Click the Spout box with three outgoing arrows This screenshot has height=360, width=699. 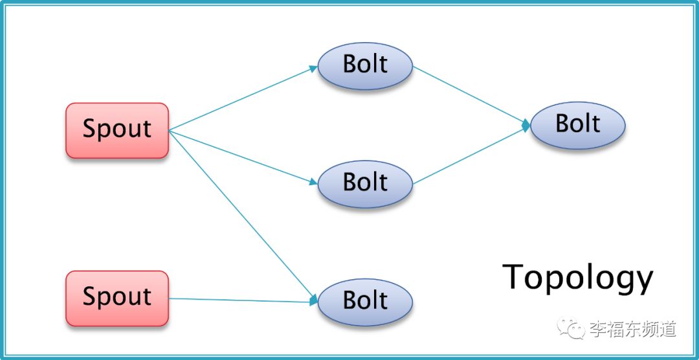117,130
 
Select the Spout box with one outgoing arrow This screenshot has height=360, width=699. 117,298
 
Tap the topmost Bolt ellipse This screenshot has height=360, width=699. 365,66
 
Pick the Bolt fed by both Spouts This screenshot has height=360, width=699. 365,302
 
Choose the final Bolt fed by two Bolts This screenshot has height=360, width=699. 578,126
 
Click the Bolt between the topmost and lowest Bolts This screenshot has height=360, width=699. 365,184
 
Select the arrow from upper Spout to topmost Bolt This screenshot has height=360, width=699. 243,98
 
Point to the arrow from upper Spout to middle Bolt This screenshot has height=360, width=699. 243,157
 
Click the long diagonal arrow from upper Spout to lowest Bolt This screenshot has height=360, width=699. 243,216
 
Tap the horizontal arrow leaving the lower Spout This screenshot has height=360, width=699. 243,300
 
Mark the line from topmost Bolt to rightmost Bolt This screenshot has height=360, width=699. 471,95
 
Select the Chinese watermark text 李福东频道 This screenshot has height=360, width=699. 633,329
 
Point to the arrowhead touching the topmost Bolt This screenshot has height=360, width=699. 313,68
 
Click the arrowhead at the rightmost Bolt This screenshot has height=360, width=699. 526,126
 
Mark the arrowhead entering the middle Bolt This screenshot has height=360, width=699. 313,183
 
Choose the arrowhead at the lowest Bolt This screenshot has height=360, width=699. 314,300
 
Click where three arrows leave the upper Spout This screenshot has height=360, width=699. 170,131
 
